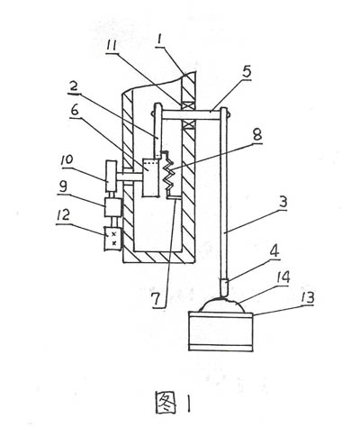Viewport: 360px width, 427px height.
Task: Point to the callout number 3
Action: coord(283,202)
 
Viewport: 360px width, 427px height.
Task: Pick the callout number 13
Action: coord(306,297)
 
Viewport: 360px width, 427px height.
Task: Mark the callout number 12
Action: coord(64,215)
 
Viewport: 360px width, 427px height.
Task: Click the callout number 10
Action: coord(67,160)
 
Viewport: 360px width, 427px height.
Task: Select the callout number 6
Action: coord(75,110)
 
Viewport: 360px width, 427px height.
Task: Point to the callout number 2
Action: coord(74,86)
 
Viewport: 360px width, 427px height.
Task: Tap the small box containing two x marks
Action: coord(112,239)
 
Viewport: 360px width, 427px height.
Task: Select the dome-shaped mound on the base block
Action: coord(222,305)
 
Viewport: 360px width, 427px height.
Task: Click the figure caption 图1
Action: coord(173,404)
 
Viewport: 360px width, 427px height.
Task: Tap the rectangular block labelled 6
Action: coord(150,178)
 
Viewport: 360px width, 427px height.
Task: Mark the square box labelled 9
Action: coord(112,207)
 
